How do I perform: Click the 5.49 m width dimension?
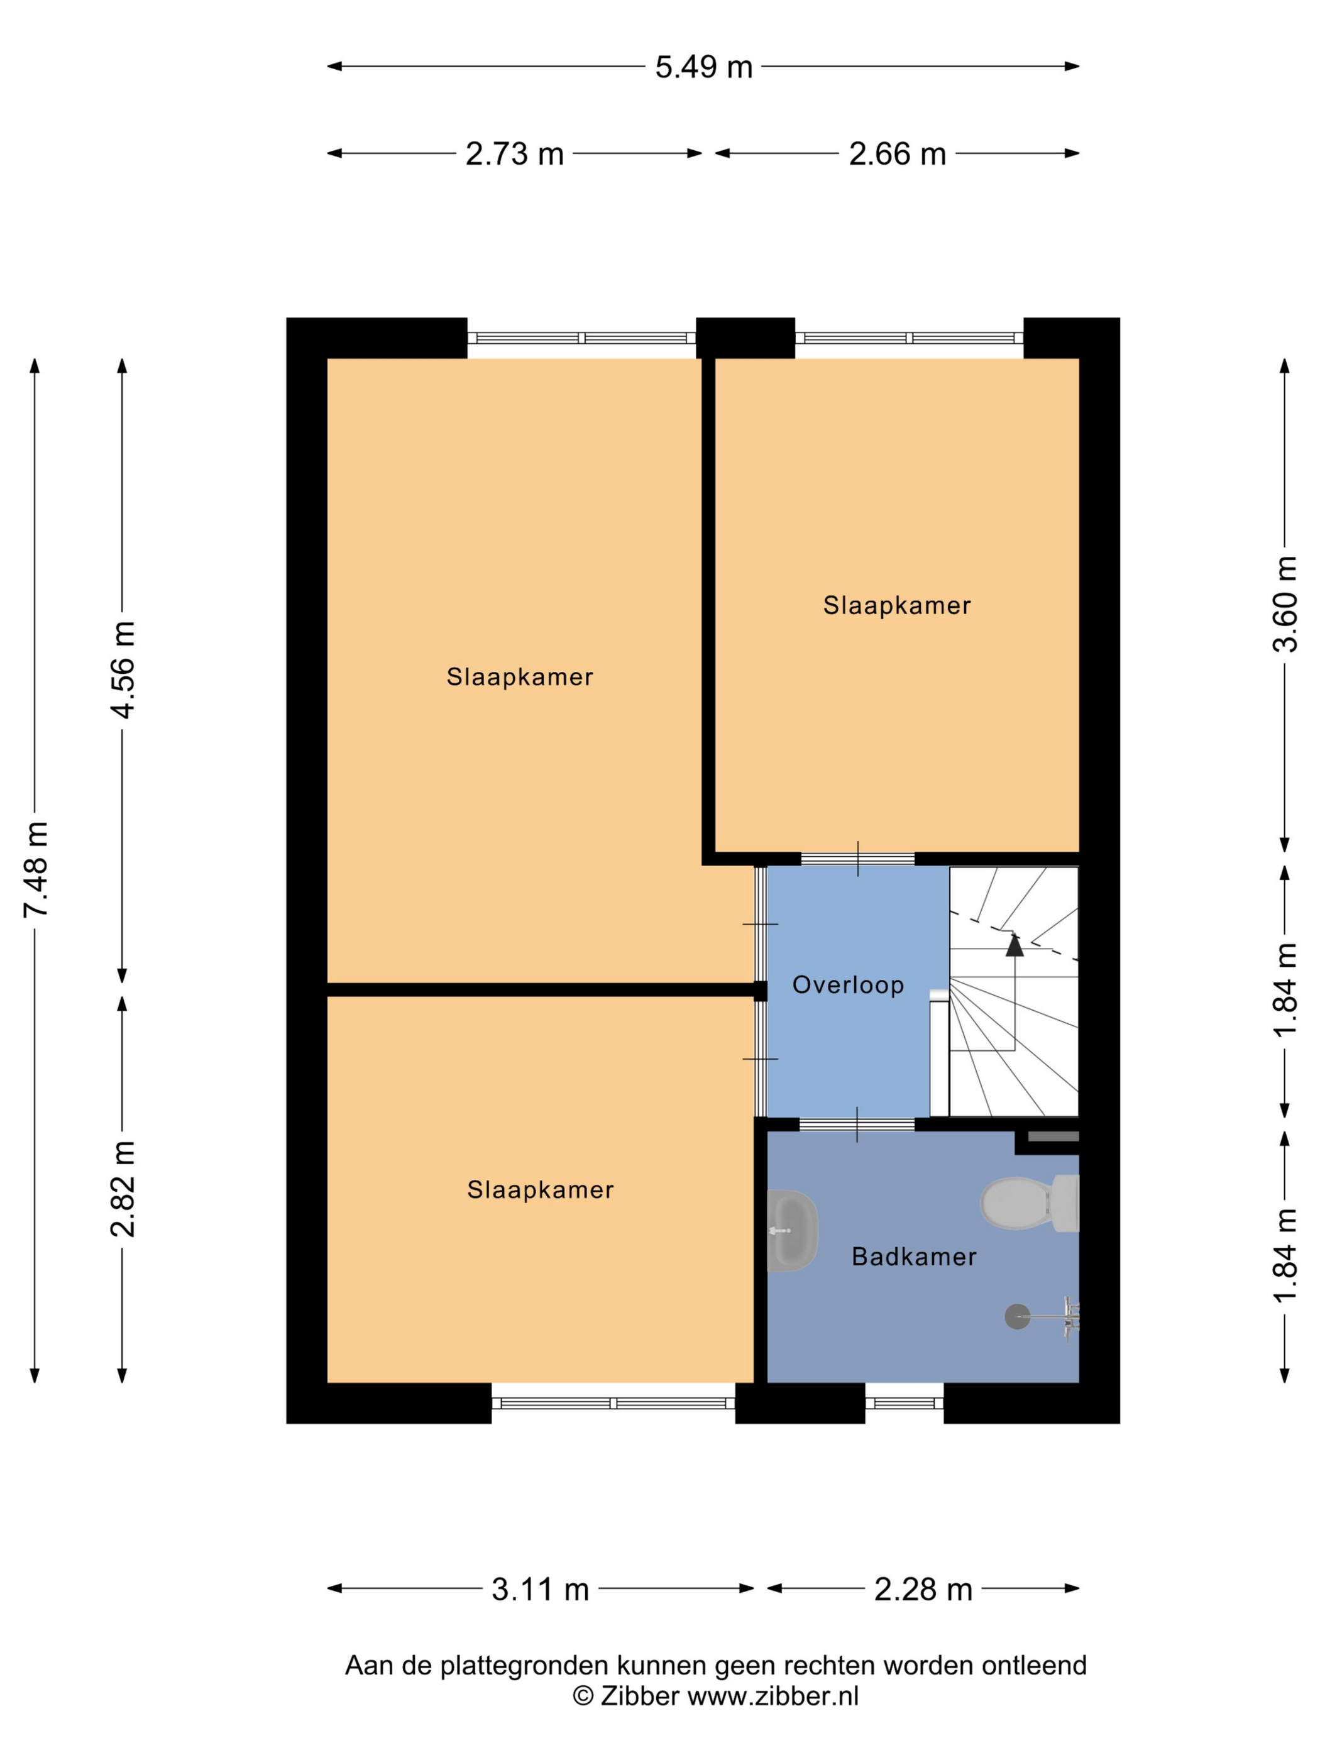click(703, 67)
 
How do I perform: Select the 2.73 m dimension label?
click(514, 153)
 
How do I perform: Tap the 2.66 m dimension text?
click(897, 153)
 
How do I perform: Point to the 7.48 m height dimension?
click(36, 869)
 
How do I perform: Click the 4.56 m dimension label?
click(124, 669)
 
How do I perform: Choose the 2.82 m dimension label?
click(124, 1188)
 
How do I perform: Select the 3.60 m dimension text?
click(1284, 604)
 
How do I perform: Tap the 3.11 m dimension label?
click(540, 1590)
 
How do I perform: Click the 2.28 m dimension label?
click(923, 1590)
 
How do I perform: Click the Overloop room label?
click(848, 985)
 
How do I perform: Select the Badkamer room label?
click(913, 1257)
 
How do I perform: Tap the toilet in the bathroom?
click(1030, 1202)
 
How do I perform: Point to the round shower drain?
click(1017, 1317)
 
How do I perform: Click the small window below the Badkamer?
click(904, 1403)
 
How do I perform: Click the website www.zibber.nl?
click(773, 1695)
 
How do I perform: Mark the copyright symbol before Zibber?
click(583, 1695)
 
